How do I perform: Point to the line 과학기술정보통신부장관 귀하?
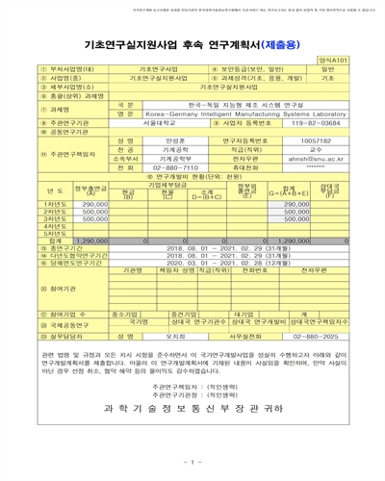(x=193, y=407)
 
